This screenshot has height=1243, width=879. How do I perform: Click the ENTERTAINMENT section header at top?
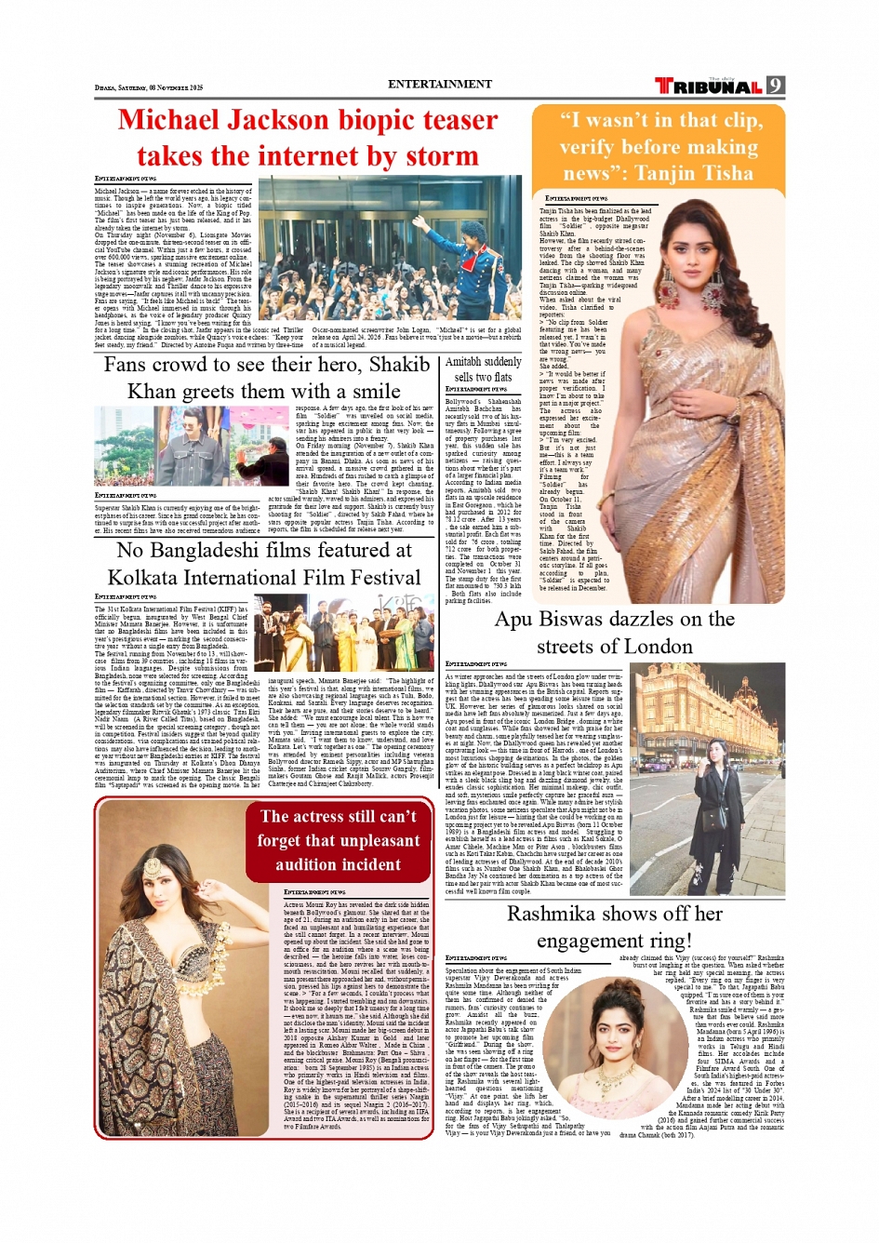440,84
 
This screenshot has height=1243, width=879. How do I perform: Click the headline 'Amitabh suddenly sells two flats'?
483,369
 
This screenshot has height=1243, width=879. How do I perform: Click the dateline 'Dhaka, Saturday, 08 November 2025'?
149,87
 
